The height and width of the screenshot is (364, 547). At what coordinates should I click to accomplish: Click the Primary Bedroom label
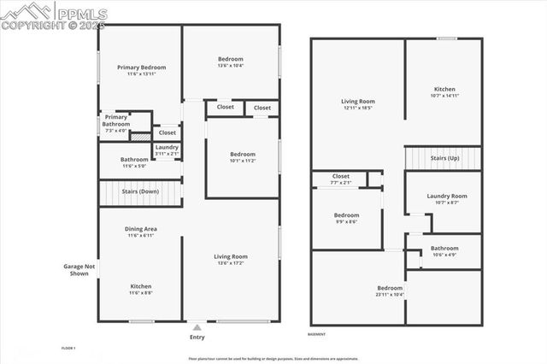(141, 67)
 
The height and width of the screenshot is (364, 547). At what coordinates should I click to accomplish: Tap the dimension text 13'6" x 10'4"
(231, 66)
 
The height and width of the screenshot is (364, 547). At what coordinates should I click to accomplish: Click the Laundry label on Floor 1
(167, 147)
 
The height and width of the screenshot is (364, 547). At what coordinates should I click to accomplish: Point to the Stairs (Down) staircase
(141, 192)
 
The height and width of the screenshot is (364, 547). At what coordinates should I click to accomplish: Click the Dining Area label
(141, 229)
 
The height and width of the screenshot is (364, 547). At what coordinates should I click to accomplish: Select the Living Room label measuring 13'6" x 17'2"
(231, 256)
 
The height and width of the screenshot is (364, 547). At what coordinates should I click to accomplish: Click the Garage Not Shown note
(76, 269)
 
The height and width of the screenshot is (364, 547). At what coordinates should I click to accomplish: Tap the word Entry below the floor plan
(197, 337)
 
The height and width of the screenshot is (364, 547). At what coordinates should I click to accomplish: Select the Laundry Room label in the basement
(447, 196)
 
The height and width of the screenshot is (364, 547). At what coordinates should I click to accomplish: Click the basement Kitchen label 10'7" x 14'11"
(444, 89)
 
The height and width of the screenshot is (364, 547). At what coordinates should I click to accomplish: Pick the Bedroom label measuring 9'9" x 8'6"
(346, 215)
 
